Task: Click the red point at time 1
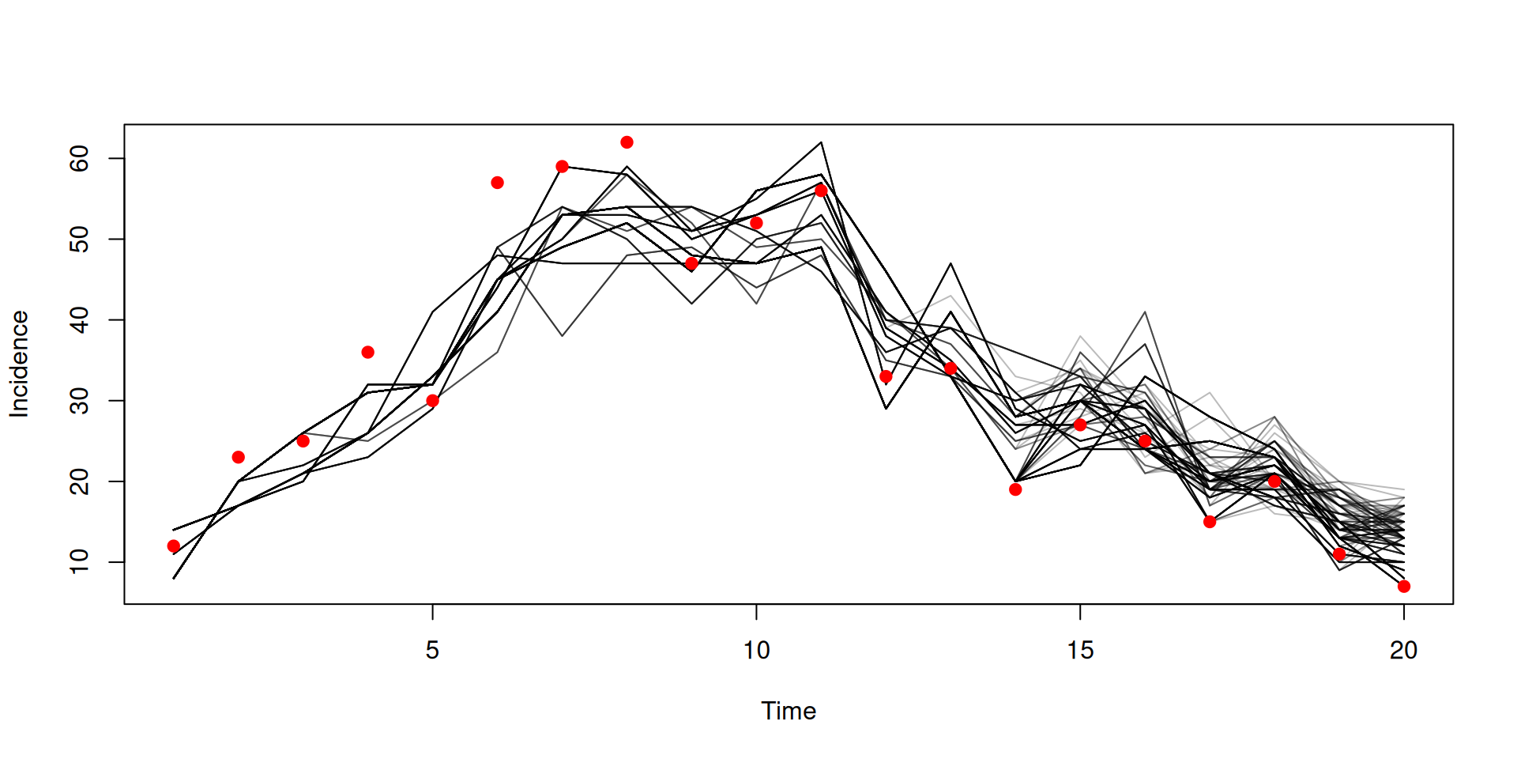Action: click(x=174, y=546)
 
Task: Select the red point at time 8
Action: click(x=627, y=142)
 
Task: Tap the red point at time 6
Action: click(x=497, y=183)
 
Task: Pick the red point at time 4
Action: click(x=367, y=352)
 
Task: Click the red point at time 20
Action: click(x=1403, y=587)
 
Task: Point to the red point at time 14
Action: click(x=1015, y=489)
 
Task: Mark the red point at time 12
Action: click(x=886, y=376)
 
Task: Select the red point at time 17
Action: click(x=1210, y=522)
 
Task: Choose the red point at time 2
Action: click(x=239, y=457)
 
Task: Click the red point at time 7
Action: click(x=562, y=166)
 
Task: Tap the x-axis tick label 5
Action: click(x=432, y=651)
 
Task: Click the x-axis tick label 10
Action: click(x=756, y=651)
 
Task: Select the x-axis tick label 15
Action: click(x=1080, y=651)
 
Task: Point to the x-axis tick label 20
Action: click(x=1403, y=651)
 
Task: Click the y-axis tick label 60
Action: click(x=80, y=159)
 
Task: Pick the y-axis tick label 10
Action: click(x=80, y=562)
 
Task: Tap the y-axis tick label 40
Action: click(x=80, y=320)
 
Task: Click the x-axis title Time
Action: click(x=789, y=712)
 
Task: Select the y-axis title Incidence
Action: click(x=19, y=364)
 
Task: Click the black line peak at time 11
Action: click(x=821, y=142)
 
